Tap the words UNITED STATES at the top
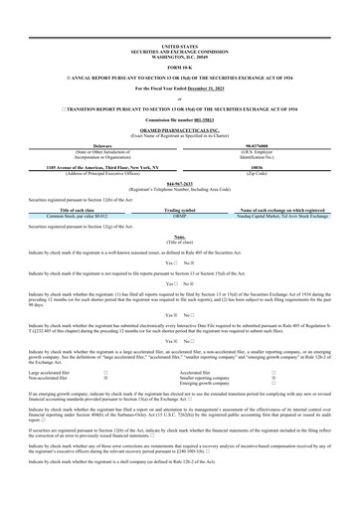179,46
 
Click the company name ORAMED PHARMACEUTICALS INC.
179,127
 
